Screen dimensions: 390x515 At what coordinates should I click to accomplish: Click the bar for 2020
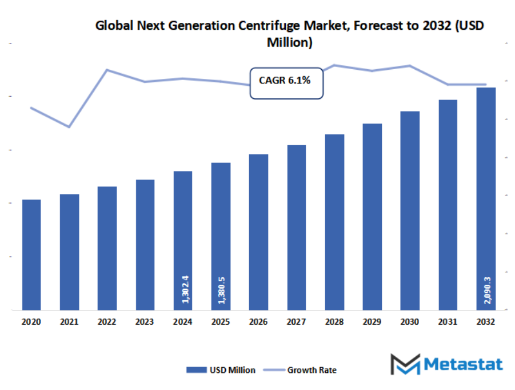point(31,255)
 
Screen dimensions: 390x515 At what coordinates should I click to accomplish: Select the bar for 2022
point(107,248)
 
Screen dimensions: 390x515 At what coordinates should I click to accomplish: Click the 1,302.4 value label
point(183,289)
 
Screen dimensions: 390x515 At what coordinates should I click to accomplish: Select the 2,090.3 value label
point(486,289)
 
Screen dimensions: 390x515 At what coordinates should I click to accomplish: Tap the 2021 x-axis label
point(69,322)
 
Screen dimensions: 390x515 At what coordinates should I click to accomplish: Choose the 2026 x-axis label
point(258,322)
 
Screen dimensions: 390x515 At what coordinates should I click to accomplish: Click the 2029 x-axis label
point(372,322)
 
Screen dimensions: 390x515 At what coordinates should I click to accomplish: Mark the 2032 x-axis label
point(486,322)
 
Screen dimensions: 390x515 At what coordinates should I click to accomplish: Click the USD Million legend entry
point(221,370)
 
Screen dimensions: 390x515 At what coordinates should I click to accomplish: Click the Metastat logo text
point(464,365)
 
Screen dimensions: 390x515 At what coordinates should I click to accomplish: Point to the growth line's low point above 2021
point(69,127)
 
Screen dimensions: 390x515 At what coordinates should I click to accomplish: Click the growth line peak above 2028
point(334,65)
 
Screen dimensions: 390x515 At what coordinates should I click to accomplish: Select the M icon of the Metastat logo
point(405,365)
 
